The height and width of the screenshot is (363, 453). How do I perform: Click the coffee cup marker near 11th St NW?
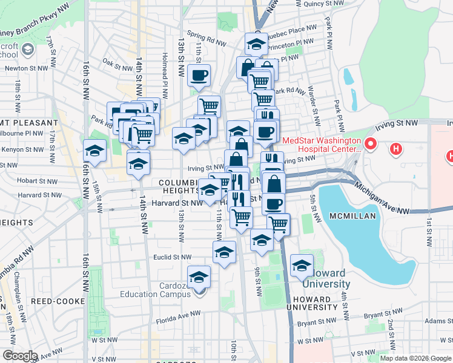(199, 76)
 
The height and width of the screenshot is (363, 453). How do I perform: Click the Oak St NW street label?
(117, 62)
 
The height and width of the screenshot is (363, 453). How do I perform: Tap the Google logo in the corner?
(20, 356)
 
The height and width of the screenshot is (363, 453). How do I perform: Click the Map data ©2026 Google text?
(415, 358)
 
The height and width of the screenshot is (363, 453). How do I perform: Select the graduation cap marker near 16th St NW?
(94, 150)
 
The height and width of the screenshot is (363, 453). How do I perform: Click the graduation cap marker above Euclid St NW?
(223, 252)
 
